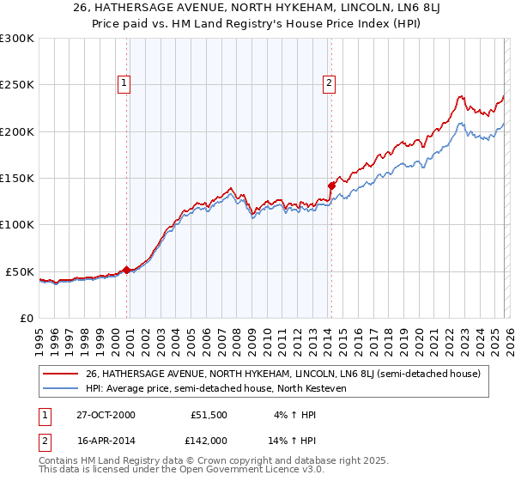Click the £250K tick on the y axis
[17, 85]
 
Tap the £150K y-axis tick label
[17, 179]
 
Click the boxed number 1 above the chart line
[125, 83]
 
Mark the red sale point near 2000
[127, 270]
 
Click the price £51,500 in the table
[209, 414]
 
